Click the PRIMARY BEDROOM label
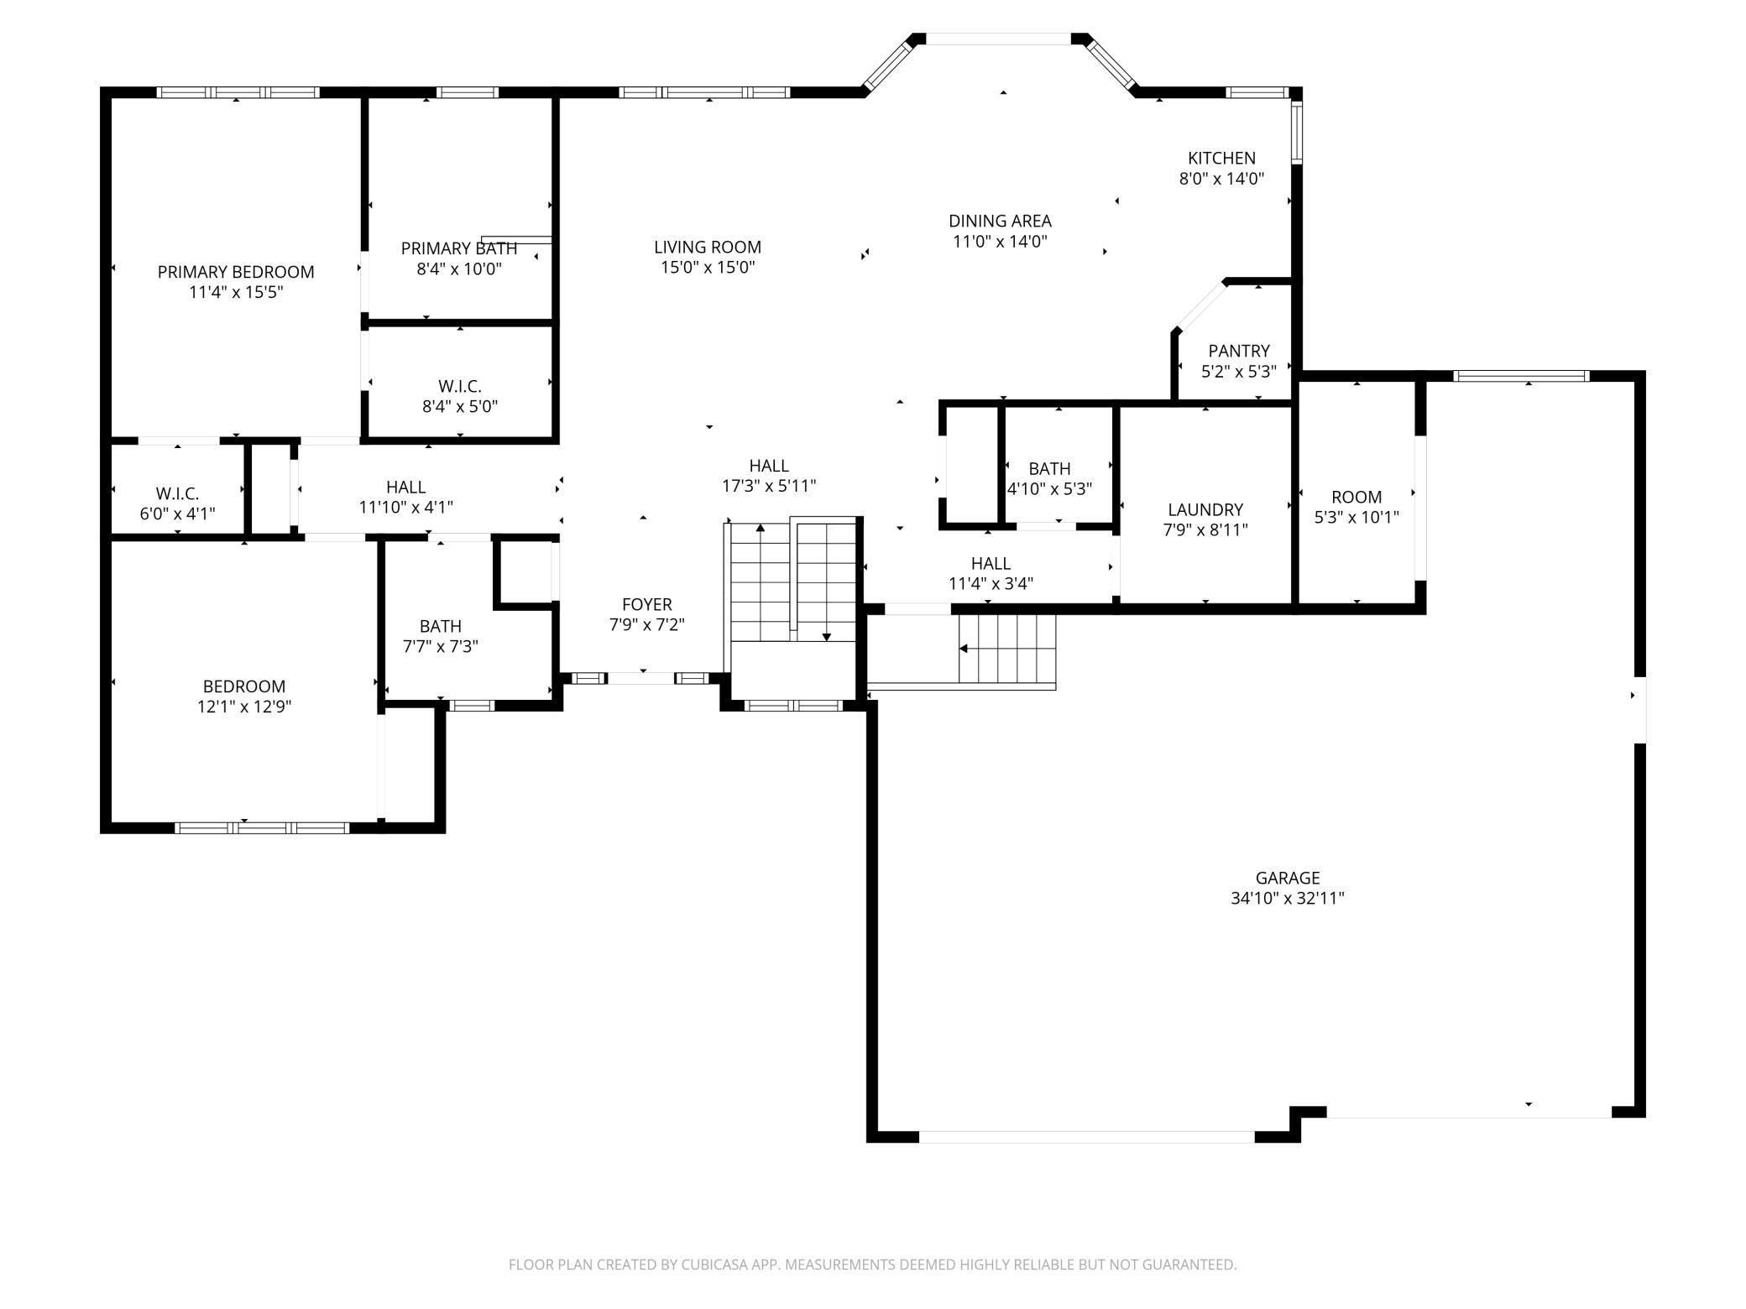pos(236,272)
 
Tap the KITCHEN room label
pos(1221,158)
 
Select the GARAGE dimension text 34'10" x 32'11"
pos(1288,899)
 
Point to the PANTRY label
pos(1239,351)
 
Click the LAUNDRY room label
pos(1205,509)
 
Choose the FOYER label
pos(647,604)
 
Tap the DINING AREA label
pos(1000,221)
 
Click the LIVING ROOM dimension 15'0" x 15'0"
pos(708,268)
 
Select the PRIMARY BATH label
pos(459,248)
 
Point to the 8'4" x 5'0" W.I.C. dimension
pos(460,407)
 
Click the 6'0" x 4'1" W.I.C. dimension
pos(177,514)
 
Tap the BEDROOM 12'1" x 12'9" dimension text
pos(244,707)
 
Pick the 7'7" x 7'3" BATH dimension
pos(441,647)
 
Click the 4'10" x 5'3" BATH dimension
pos(1049,489)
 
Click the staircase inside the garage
pos(1007,649)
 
